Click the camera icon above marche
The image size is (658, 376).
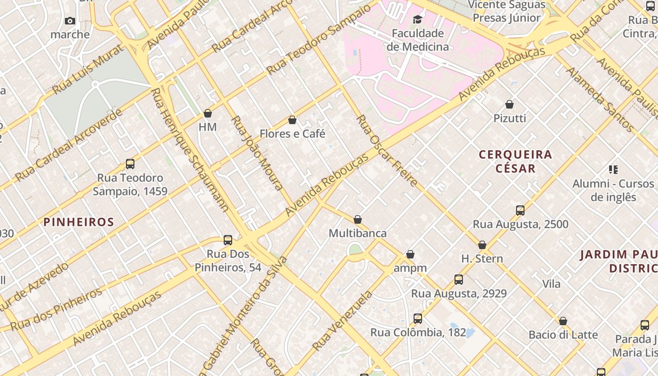pos(70,21)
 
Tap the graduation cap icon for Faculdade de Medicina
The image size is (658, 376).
pos(417,19)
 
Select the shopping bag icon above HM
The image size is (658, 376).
pos(208,113)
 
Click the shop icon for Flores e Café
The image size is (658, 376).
pos(292,120)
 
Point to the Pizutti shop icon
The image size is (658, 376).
pos(509,104)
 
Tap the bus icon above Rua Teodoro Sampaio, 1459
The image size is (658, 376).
pos(130,164)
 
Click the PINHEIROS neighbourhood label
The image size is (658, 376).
pos(79,222)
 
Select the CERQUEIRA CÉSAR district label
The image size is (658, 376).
pos(515,161)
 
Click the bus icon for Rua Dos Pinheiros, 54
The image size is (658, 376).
pos(228,240)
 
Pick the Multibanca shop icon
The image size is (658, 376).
pos(358,219)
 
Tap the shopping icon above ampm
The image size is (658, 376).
pos(410,254)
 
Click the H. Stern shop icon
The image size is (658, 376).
pos(482,245)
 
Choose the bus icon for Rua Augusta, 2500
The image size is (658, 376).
pos(520,210)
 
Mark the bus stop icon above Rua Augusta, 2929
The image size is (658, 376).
pos(459,280)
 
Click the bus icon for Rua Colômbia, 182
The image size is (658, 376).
pos(418,319)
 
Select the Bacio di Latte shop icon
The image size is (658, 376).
pos(563,321)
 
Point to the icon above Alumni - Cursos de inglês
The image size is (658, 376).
pos(613,169)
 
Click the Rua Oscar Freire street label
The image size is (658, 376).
pos(387,150)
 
